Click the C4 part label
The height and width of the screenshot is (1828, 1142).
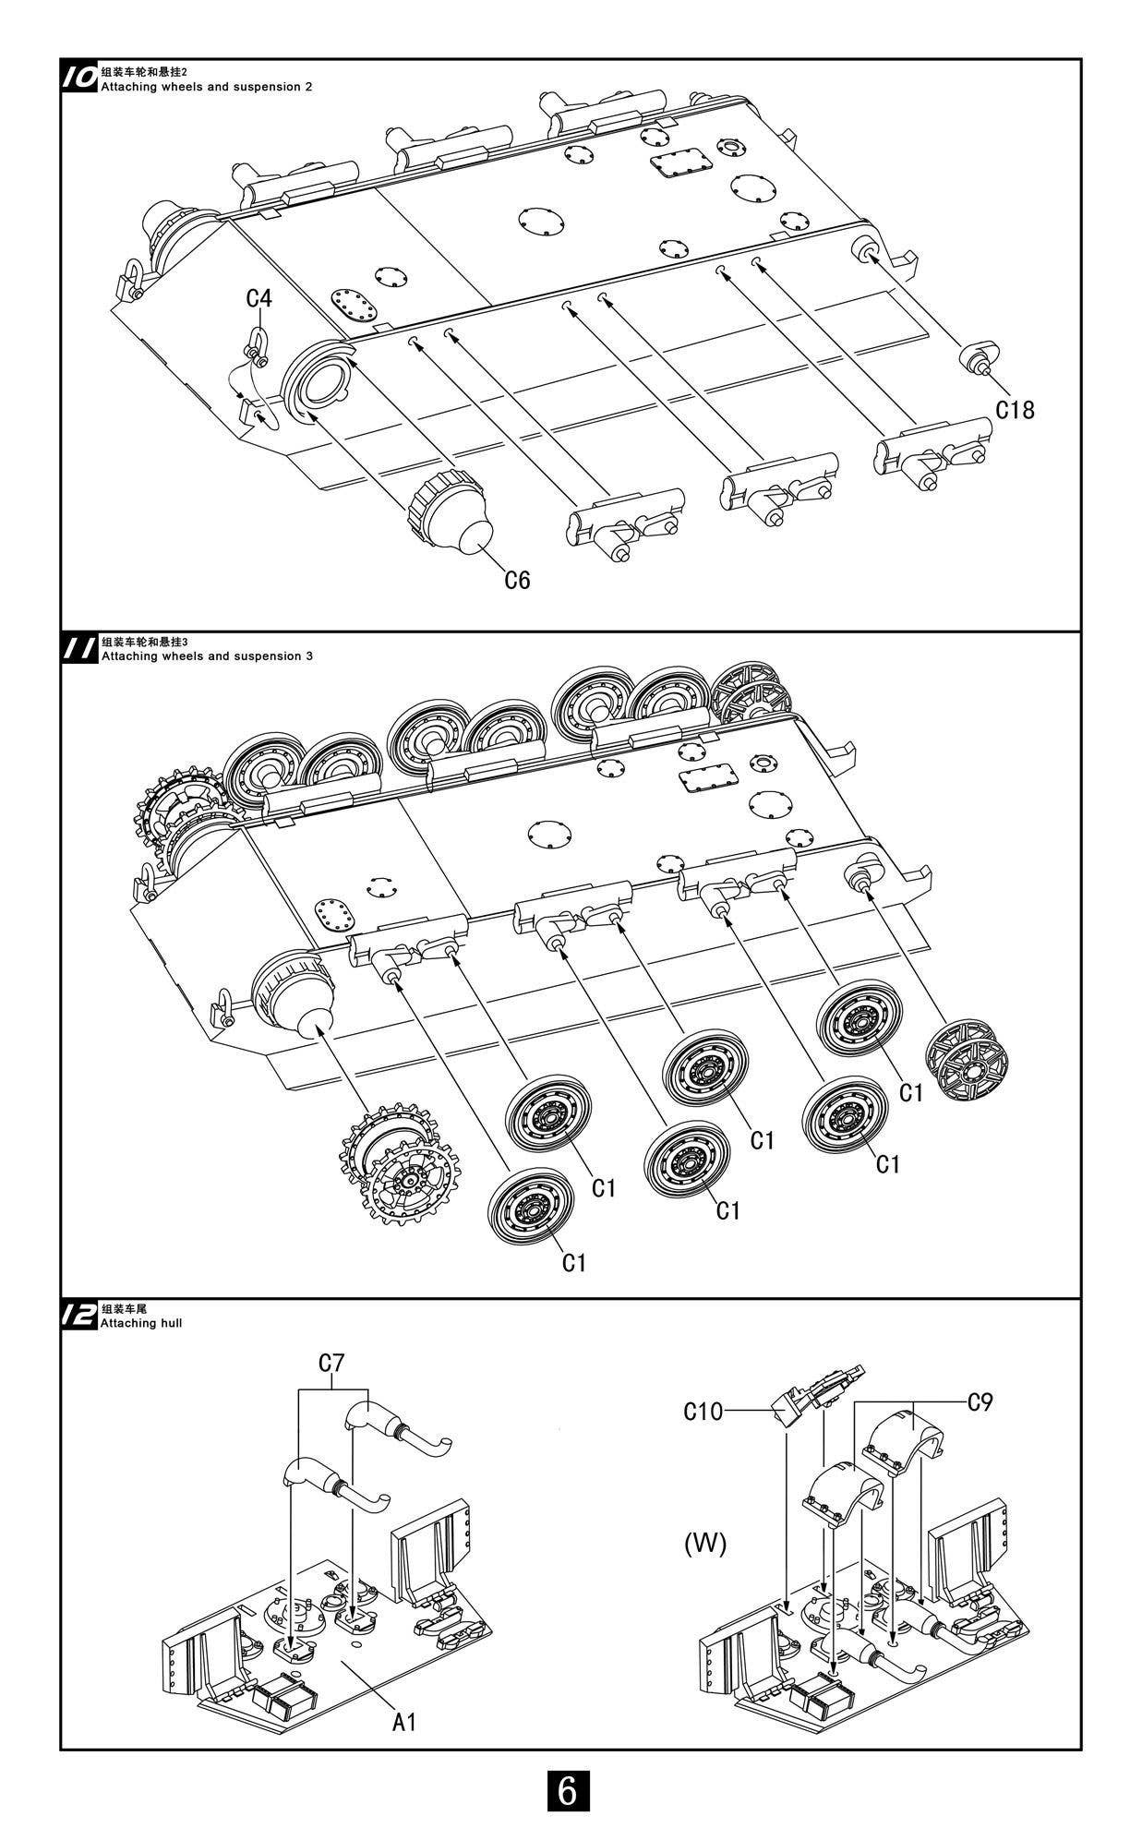(x=259, y=299)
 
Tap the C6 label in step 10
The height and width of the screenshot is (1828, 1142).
(x=517, y=580)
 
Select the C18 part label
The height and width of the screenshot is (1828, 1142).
(x=1015, y=409)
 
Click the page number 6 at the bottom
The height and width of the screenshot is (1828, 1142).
(x=568, y=1790)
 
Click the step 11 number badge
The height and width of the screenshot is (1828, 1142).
(x=79, y=648)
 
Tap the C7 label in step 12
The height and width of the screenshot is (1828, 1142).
(x=331, y=1363)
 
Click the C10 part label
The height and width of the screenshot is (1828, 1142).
(x=703, y=1412)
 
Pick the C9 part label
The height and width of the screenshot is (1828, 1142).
(x=980, y=1402)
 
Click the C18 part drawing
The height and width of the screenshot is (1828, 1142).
(x=980, y=355)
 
